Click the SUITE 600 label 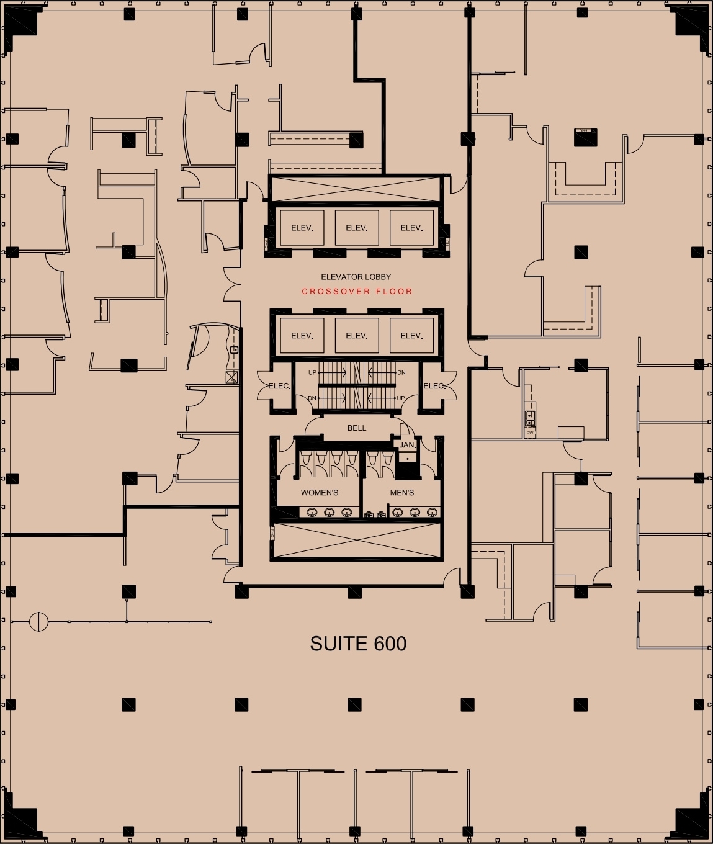[x=358, y=644]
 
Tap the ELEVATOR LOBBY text [x=356, y=277]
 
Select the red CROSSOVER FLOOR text [x=357, y=291]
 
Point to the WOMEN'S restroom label [x=320, y=493]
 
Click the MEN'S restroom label [x=401, y=493]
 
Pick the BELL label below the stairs [x=357, y=428]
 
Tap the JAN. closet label [x=407, y=445]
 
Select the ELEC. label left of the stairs [x=279, y=386]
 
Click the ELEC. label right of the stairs [x=434, y=386]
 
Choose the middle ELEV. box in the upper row [x=357, y=228]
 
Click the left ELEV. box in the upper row [x=302, y=228]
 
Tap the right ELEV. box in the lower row [x=411, y=336]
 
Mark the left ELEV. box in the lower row [x=302, y=336]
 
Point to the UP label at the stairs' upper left [x=312, y=372]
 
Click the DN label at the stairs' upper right [x=401, y=372]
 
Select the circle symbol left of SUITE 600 [x=38, y=621]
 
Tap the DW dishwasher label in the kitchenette [x=530, y=433]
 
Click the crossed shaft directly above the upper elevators [x=356, y=189]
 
